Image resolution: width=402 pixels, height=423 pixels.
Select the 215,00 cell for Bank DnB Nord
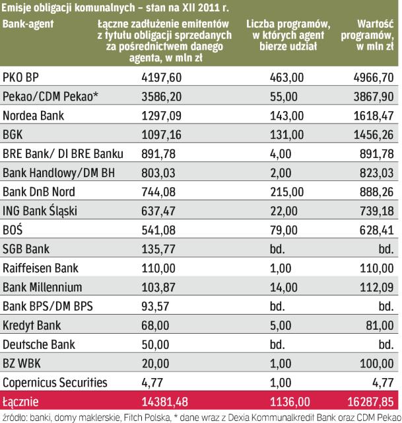point(288,192)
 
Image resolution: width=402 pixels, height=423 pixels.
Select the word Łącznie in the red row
point(22,402)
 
